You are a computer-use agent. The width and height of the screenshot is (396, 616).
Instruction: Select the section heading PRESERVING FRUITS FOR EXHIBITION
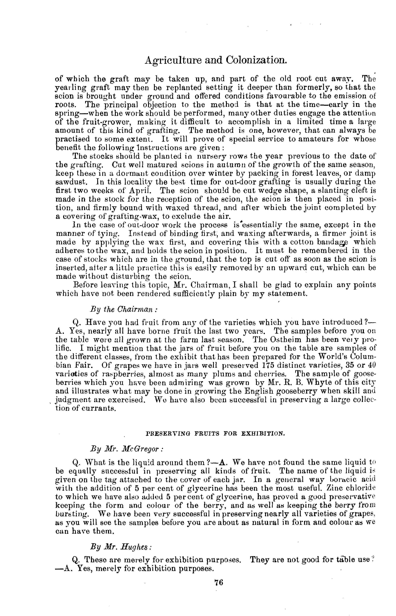click(x=215, y=433)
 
